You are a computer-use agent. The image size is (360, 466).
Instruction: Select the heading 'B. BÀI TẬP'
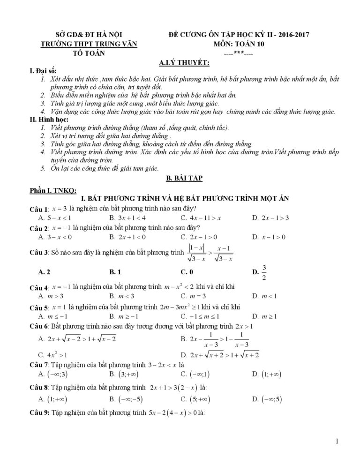[x=180, y=179]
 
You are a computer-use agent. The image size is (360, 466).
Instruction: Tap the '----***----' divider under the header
[x=239, y=53]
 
